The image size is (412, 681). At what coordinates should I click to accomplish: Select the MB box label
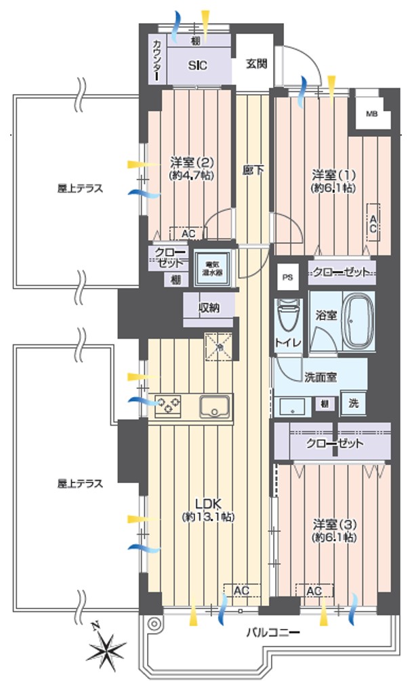(x=372, y=113)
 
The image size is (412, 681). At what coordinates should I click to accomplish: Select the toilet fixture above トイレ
(x=287, y=316)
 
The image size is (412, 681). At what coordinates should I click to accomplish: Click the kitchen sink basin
(x=216, y=407)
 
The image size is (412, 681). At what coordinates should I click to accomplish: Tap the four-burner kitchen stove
(x=169, y=406)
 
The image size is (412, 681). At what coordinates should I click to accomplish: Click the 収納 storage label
(x=209, y=308)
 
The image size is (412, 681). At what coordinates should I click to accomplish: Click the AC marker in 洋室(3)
(x=313, y=592)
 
